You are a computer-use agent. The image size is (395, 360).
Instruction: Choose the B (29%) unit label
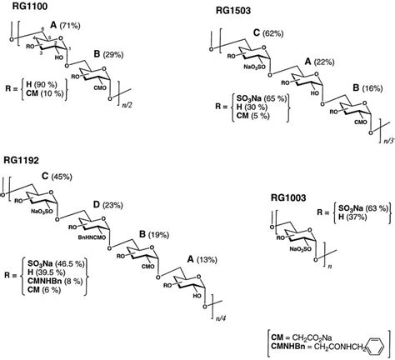coord(113,54)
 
